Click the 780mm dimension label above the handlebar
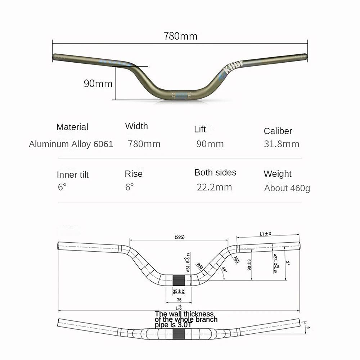[180, 36]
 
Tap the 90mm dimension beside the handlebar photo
[98, 84]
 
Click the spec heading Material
[72, 127]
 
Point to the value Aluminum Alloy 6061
[71, 144]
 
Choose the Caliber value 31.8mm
[281, 144]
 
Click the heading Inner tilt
[72, 175]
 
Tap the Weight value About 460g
[287, 188]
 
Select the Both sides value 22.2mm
[214, 187]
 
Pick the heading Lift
[200, 129]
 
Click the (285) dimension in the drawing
[179, 237]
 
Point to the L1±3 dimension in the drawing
[265, 234]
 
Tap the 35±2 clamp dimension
[178, 291]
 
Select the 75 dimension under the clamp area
[179, 300]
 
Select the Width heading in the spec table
[136, 126]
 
